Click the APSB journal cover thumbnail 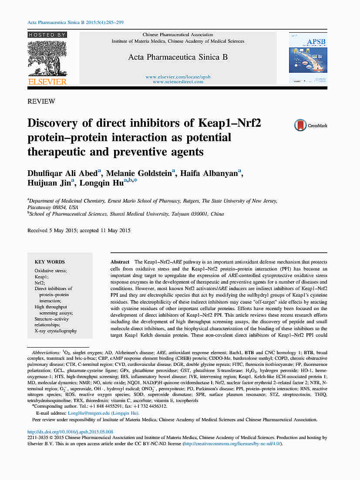[x=307, y=58]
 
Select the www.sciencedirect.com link [x=178, y=81]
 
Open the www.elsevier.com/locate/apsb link [x=178, y=77]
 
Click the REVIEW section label [x=41, y=101]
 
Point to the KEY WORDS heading [x=50, y=262]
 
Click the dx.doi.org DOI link [x=70, y=432]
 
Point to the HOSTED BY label [x=47, y=34]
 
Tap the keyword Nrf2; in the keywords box [x=40, y=283]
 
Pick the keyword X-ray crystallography [x=56, y=331]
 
